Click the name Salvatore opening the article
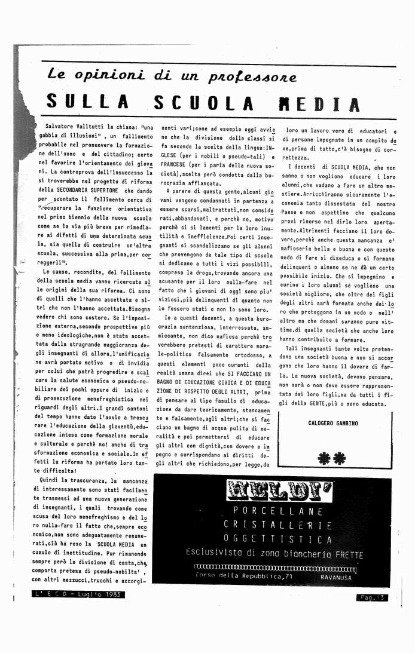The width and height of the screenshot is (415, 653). (62, 127)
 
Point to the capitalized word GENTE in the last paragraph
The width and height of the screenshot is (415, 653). (318, 404)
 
